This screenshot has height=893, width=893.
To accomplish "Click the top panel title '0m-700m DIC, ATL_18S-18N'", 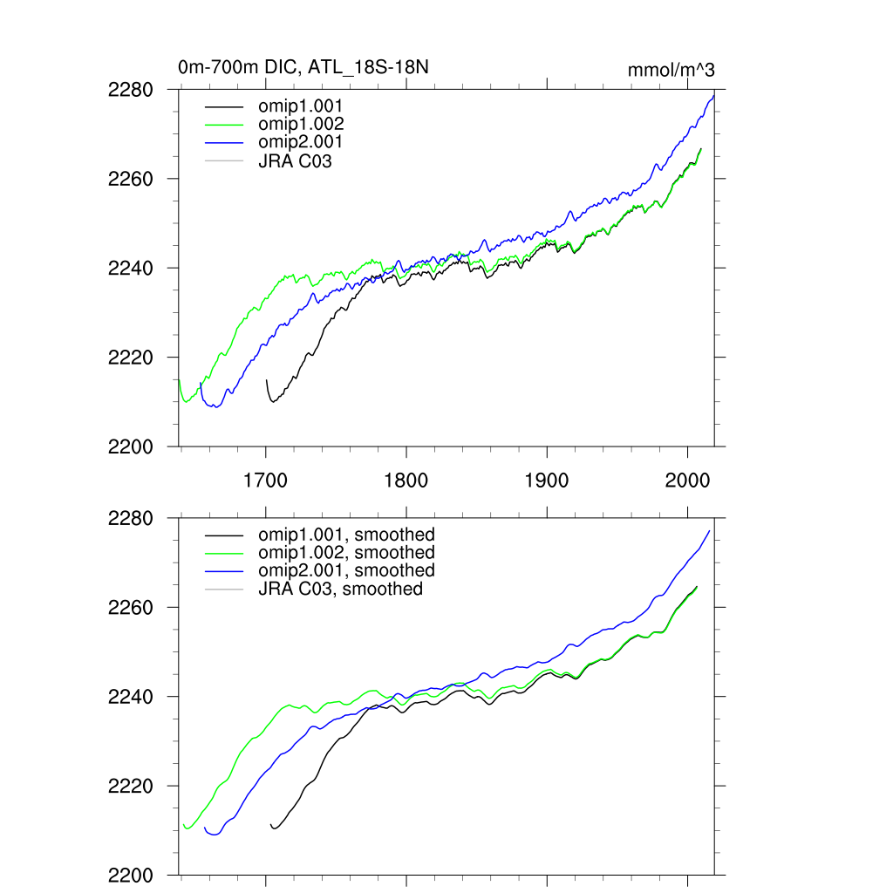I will [303, 67].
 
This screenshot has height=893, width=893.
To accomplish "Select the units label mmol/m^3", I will [671, 70].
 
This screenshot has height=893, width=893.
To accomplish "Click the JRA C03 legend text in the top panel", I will [295, 160].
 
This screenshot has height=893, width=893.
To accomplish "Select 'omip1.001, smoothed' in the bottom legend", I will [346, 534].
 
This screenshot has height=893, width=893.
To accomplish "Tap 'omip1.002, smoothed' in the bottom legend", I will [346, 552].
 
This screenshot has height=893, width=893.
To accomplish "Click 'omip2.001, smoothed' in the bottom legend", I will [346, 569].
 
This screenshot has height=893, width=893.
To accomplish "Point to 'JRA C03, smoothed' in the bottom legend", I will [340, 589].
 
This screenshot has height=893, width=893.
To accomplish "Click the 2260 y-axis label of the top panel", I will [132, 179].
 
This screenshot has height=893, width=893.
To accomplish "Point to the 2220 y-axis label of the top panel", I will [132, 358].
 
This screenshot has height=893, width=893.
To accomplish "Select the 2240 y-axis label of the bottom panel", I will [132, 697].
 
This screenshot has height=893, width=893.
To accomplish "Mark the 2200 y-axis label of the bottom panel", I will [132, 876].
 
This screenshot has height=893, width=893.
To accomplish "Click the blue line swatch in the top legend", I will [224, 142].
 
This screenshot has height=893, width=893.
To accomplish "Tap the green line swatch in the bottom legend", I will [224, 553].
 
